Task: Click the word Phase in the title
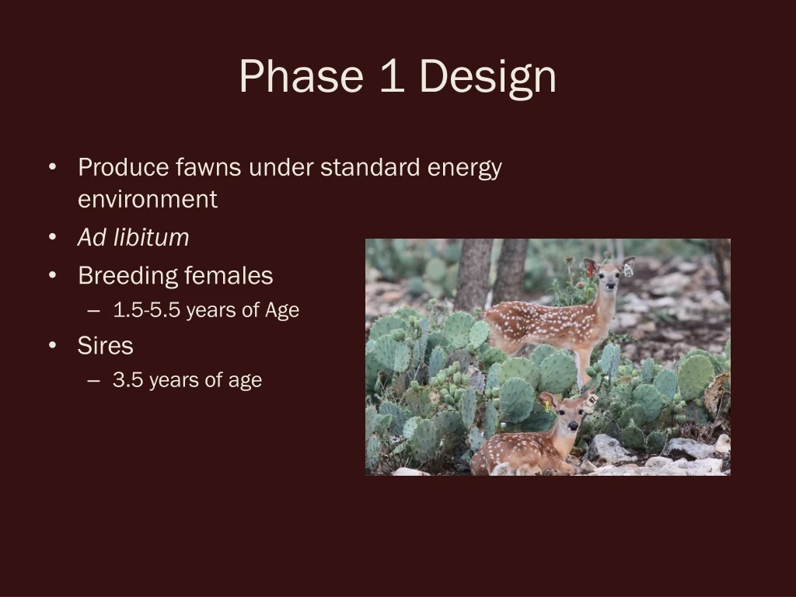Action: pyautogui.click(x=301, y=77)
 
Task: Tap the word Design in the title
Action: pyautogui.click(x=487, y=78)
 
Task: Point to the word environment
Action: pyautogui.click(x=147, y=199)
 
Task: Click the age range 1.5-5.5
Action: pyautogui.click(x=146, y=310)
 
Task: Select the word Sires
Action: pyautogui.click(x=105, y=345)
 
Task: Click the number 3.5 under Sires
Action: pyautogui.click(x=127, y=380)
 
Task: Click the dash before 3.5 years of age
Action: pyautogui.click(x=94, y=380)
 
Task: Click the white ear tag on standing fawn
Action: pyautogui.click(x=627, y=270)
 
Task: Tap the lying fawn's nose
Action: pyautogui.click(x=571, y=428)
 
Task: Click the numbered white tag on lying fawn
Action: pyautogui.click(x=591, y=400)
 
